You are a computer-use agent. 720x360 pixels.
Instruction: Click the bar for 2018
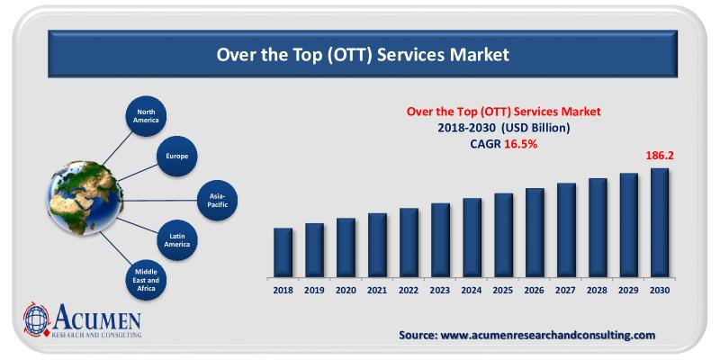pyautogui.click(x=283, y=253)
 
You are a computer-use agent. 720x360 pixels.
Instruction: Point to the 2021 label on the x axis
pyautogui.click(x=377, y=291)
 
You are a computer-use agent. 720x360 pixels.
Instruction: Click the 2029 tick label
pyautogui.click(x=628, y=291)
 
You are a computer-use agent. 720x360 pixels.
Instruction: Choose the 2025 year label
pyautogui.click(x=503, y=291)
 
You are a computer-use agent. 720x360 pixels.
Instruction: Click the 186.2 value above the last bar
pyautogui.click(x=660, y=156)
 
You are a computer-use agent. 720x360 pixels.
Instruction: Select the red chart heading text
pyautogui.click(x=503, y=112)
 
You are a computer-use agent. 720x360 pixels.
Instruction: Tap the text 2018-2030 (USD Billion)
pyautogui.click(x=503, y=128)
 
